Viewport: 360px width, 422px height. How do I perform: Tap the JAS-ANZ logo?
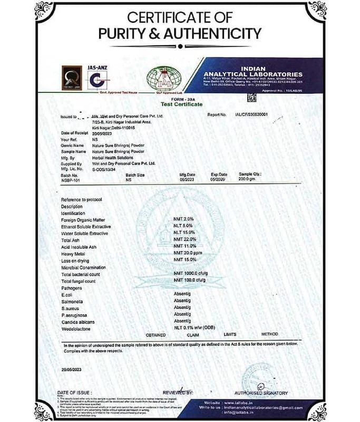click(101, 76)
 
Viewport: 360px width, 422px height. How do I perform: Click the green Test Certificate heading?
click(180, 104)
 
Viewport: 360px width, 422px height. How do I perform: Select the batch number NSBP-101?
click(71, 179)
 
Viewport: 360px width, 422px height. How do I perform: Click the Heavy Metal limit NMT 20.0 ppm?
click(188, 254)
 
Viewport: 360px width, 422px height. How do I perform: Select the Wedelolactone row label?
click(78, 329)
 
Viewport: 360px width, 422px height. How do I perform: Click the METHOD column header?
click(269, 334)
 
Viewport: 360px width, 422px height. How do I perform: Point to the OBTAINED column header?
click(156, 335)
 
